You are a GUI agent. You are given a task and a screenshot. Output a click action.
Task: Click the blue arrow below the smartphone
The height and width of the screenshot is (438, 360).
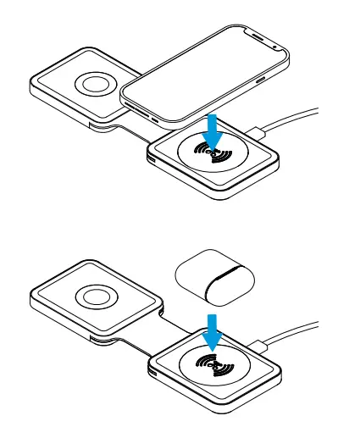coord(213,130)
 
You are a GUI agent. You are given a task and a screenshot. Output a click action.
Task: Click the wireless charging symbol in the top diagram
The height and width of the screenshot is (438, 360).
coord(212,154)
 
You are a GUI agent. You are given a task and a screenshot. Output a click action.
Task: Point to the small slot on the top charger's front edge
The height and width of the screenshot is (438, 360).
coord(151,159)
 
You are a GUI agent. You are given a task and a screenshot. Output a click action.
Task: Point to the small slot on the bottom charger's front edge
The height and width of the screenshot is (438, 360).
coord(151,370)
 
